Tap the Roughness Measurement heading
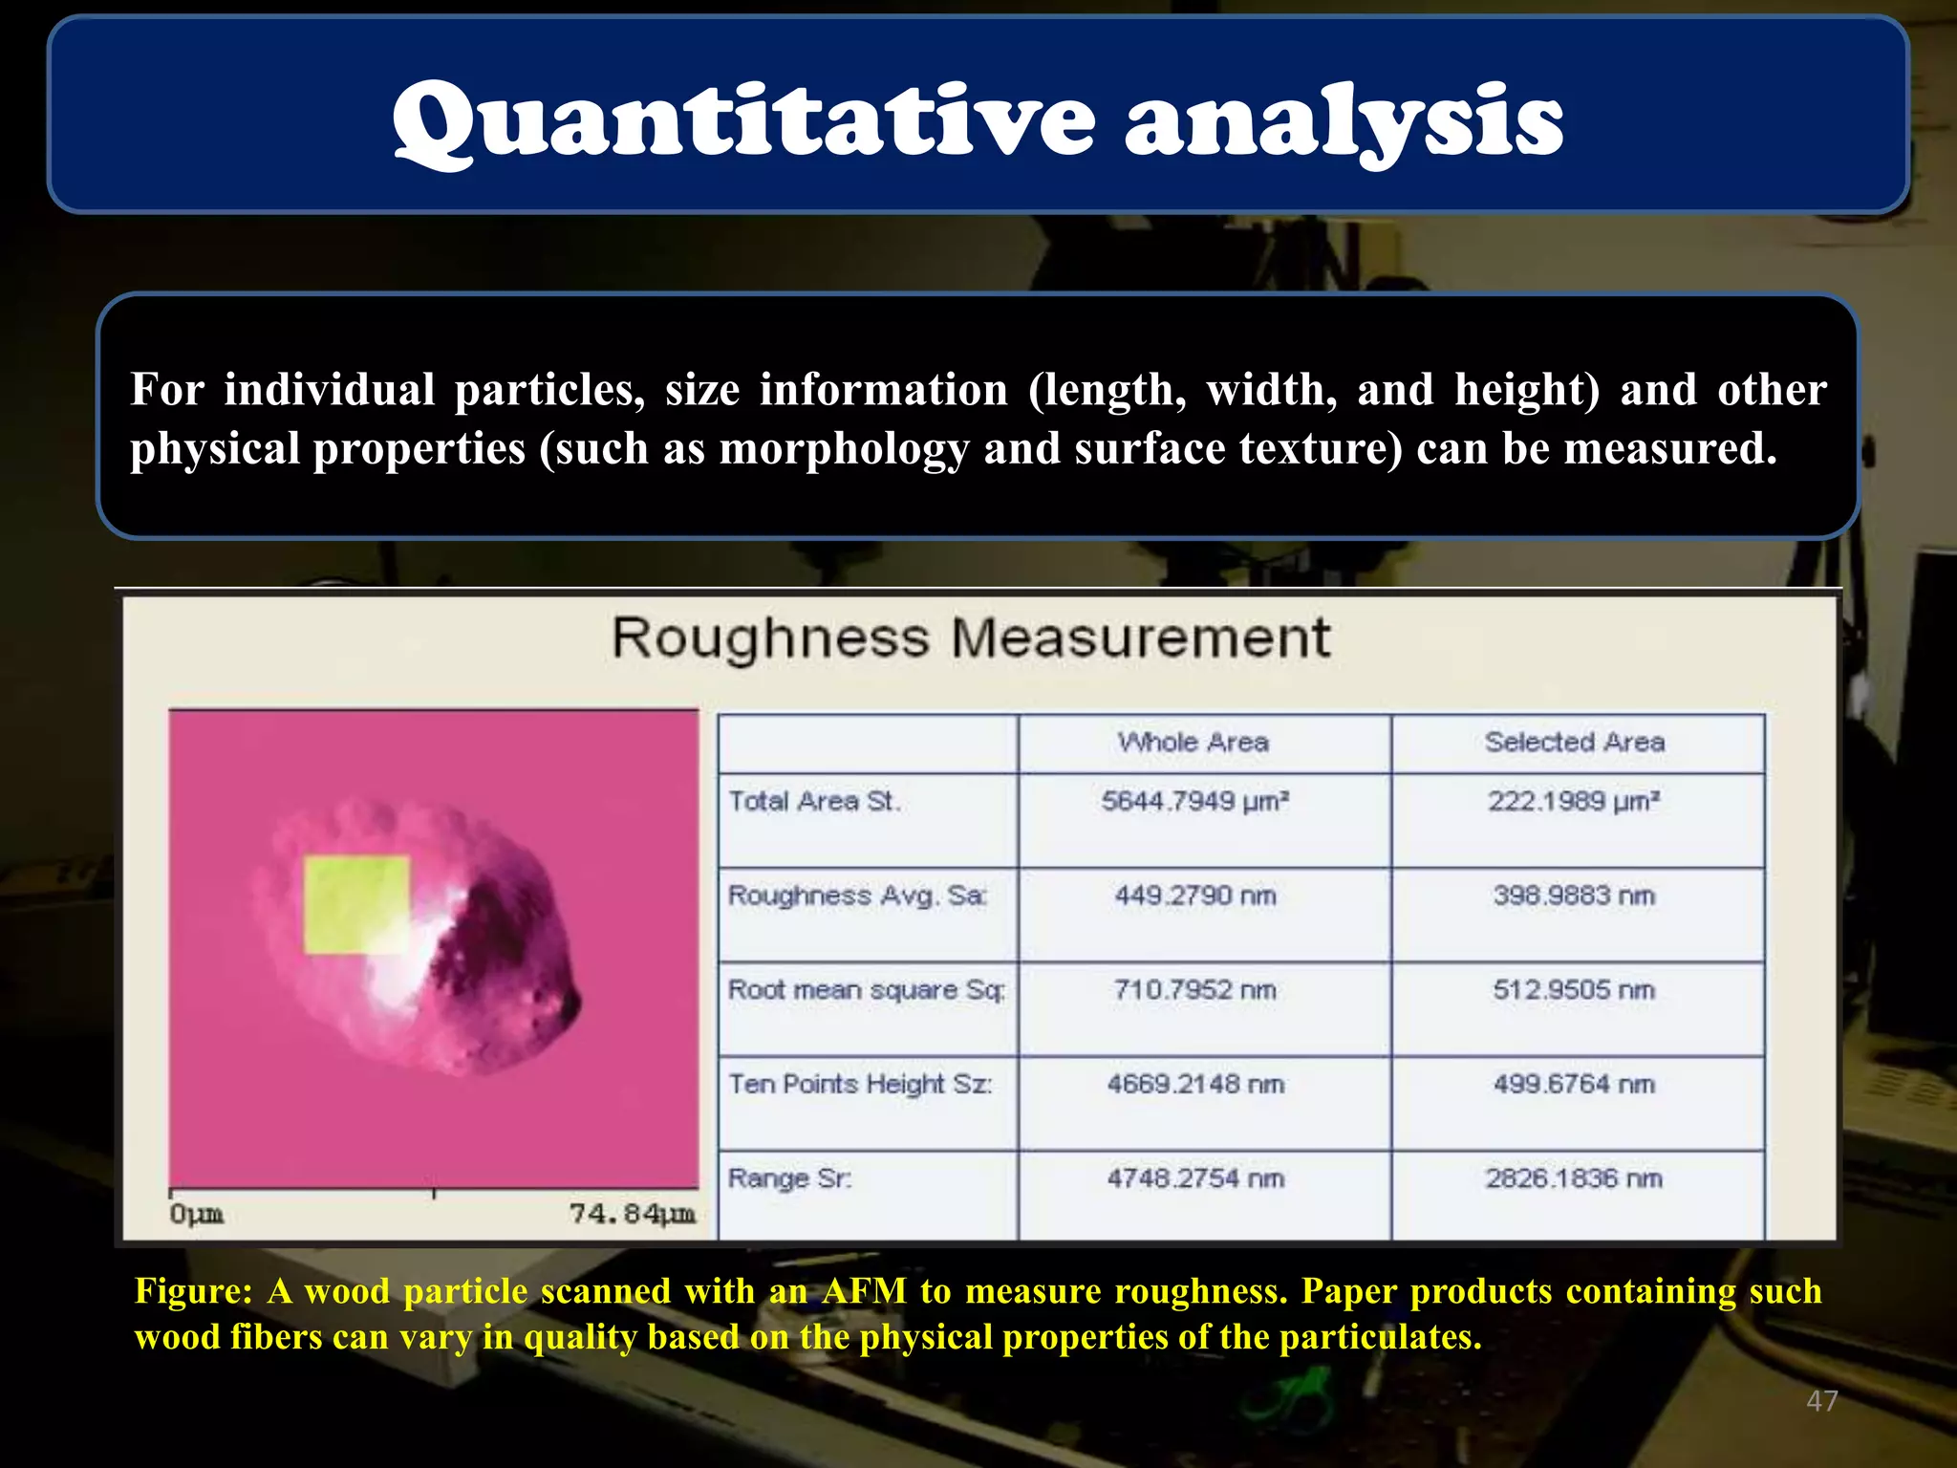pyautogui.click(x=970, y=637)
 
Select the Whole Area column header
pyautogui.click(x=1194, y=743)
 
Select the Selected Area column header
pyautogui.click(x=1574, y=743)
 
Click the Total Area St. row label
pyautogui.click(x=814, y=801)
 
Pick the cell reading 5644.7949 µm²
pyautogui.click(x=1194, y=801)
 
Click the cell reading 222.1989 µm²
pyautogui.click(x=1573, y=801)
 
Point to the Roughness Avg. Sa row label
pyautogui.click(x=857, y=896)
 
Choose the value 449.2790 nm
pyautogui.click(x=1194, y=896)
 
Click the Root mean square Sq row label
pyautogui.click(x=866, y=989)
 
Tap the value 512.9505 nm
pyautogui.click(x=1573, y=989)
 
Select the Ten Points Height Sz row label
pyautogui.click(x=860, y=1084)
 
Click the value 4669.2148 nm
pyautogui.click(x=1194, y=1084)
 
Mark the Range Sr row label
pyautogui.click(x=789, y=1178)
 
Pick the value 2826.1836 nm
pyautogui.click(x=1573, y=1178)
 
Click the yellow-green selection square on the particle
pyautogui.click(x=356, y=904)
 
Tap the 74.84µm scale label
pyautogui.click(x=632, y=1214)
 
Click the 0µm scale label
pyautogui.click(x=196, y=1214)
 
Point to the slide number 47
pyautogui.click(x=1821, y=1401)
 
